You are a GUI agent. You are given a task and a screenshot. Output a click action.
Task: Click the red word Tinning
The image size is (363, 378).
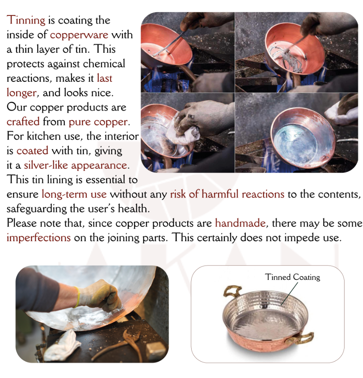click(26, 20)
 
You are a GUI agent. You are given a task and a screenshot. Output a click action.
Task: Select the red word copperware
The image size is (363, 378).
click(79, 35)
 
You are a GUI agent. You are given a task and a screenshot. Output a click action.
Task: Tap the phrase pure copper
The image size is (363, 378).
click(98, 122)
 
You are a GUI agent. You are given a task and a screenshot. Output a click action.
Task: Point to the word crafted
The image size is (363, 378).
click(23, 122)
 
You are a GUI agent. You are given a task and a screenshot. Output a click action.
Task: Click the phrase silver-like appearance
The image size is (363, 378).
click(75, 165)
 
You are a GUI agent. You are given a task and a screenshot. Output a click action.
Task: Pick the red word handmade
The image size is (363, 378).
click(240, 223)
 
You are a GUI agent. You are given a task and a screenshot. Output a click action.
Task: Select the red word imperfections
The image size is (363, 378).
click(39, 238)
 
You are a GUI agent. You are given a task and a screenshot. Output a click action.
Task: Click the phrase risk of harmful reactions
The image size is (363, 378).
click(227, 194)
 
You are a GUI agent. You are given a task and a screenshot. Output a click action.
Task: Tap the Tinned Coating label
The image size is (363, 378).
click(292, 277)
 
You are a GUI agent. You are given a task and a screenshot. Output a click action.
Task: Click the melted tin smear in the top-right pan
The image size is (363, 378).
click(286, 57)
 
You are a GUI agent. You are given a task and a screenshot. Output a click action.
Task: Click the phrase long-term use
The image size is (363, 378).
click(74, 194)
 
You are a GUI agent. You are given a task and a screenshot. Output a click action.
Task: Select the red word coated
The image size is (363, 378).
click(32, 151)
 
